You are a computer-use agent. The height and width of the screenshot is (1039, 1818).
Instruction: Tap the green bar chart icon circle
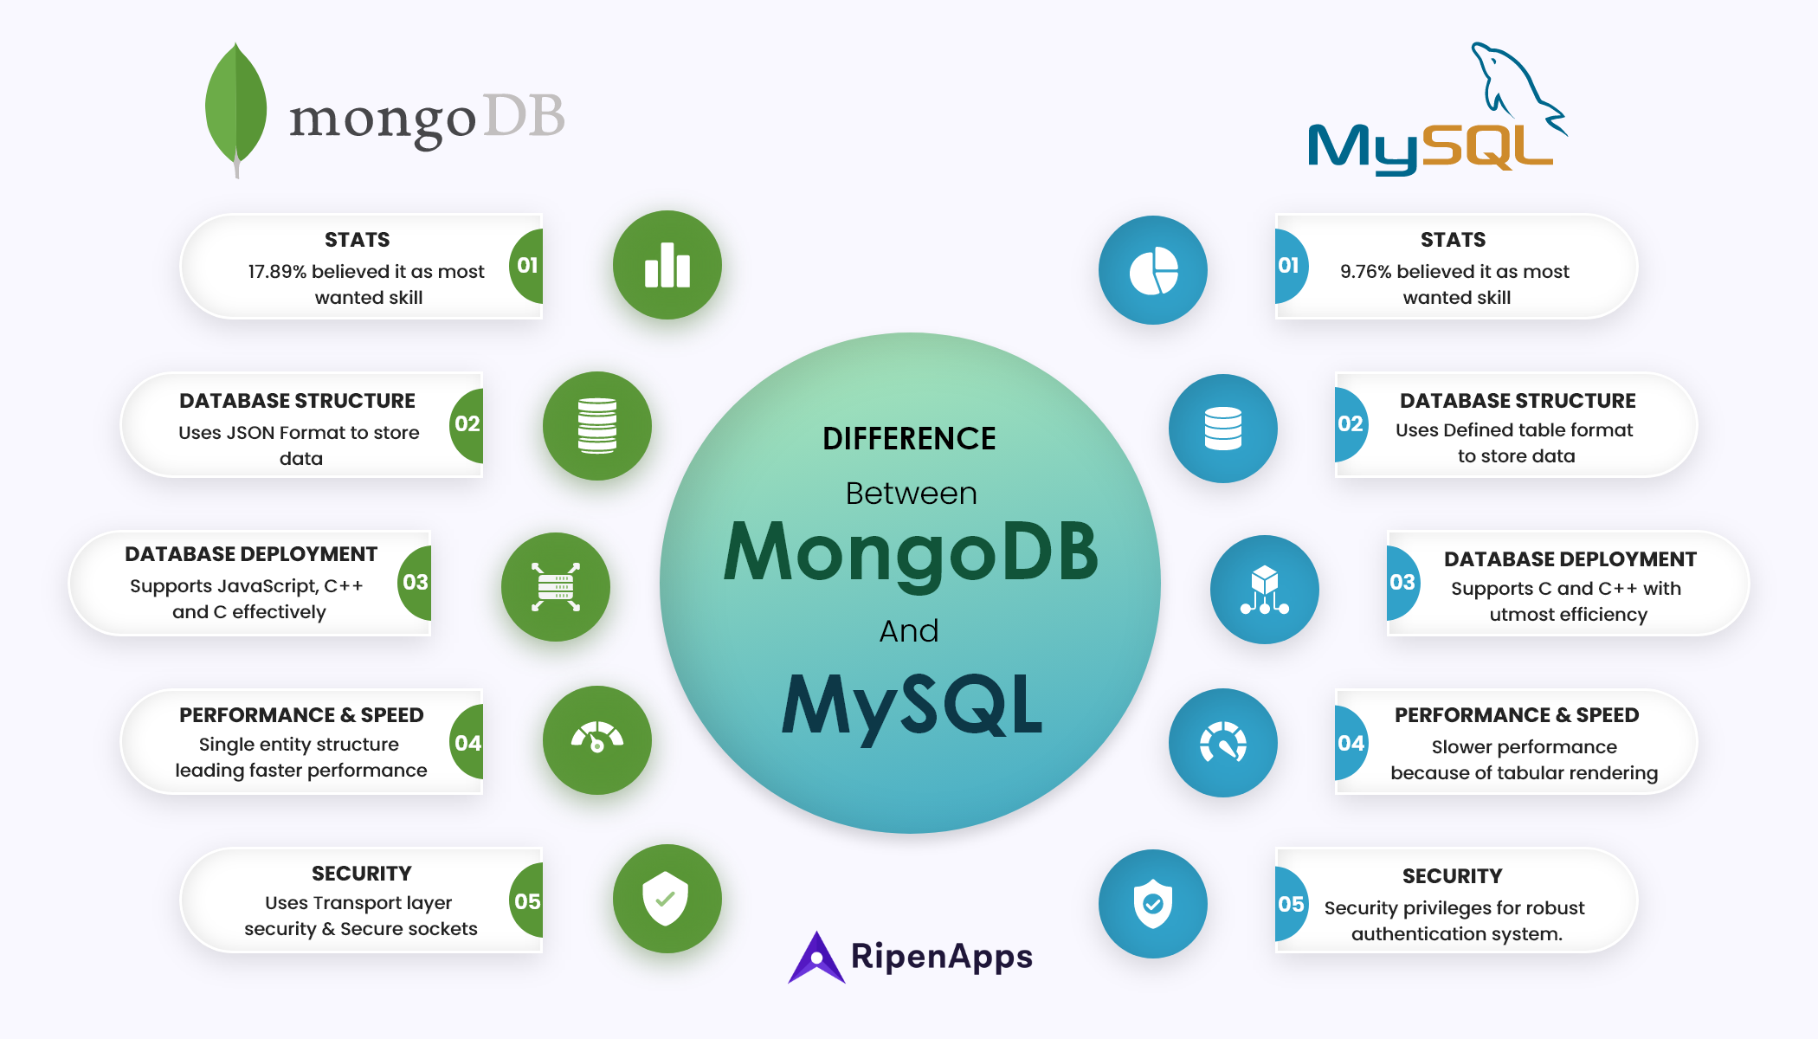tap(667, 265)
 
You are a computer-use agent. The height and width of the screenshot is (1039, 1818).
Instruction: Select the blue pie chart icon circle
tap(1152, 270)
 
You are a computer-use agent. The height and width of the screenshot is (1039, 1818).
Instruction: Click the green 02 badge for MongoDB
tap(467, 423)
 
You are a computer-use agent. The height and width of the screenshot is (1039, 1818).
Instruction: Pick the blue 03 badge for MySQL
tap(1402, 582)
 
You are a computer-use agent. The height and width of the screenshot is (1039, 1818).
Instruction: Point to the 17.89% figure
tap(277, 272)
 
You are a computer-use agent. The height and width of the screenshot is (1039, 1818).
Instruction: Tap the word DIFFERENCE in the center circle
tap(909, 439)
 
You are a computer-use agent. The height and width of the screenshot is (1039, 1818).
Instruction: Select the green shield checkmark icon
tap(666, 899)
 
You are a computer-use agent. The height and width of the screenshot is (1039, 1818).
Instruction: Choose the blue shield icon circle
tap(1152, 903)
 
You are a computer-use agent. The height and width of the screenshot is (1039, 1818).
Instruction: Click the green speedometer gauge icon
tap(596, 739)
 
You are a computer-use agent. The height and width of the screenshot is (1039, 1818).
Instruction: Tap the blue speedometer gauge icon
tap(1222, 743)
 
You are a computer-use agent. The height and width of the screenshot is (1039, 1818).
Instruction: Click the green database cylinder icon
tap(596, 425)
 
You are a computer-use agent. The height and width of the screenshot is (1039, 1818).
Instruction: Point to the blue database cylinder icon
tap(1222, 428)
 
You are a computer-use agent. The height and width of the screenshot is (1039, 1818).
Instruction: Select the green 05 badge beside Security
tap(526, 901)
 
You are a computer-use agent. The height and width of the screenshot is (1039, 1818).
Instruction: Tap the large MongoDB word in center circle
tap(911, 554)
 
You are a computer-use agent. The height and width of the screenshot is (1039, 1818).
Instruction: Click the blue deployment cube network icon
tap(1264, 590)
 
